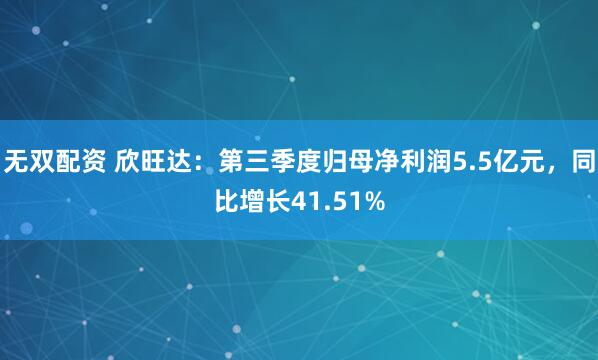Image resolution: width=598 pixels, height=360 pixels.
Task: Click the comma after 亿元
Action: coord(552,165)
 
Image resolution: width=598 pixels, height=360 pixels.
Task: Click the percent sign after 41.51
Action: coord(372,202)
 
